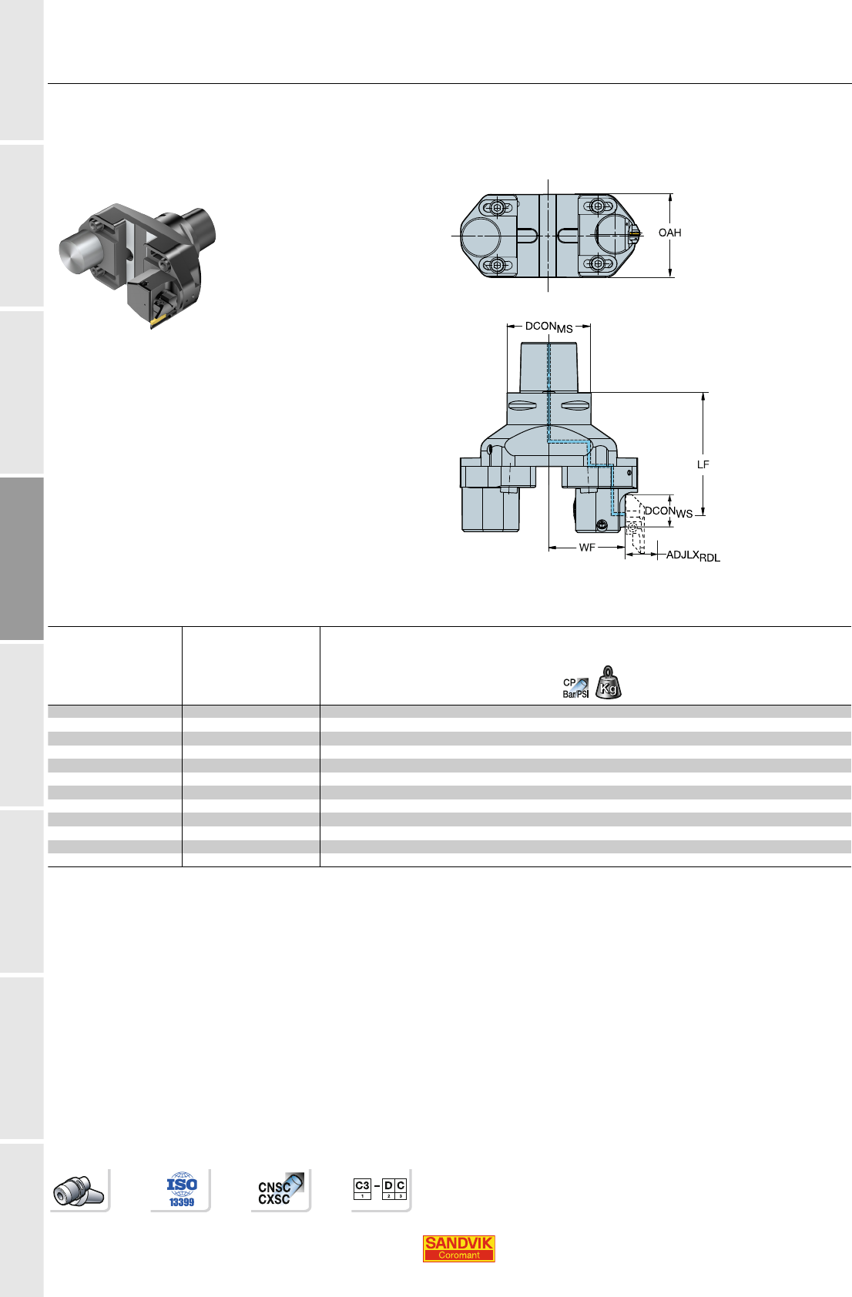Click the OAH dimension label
[x=669, y=233]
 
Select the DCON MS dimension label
[x=548, y=327]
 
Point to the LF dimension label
[x=703, y=464]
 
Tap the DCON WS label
[x=669, y=512]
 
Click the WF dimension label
[x=587, y=547]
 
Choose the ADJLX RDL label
[x=693, y=556]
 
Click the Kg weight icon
[x=608, y=682]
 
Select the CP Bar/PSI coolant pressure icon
[x=575, y=688]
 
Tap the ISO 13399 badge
[x=181, y=1190]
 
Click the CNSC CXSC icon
[x=281, y=1190]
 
